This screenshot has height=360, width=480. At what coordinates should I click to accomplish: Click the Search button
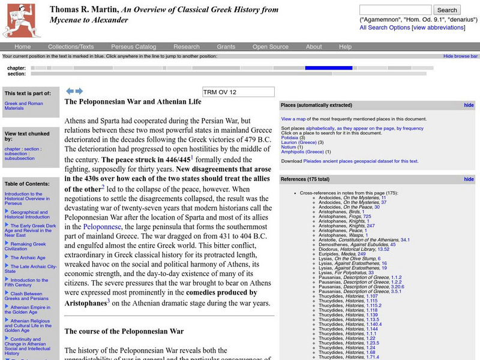click(447, 10)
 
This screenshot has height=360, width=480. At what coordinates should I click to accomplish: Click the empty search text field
click(395, 10)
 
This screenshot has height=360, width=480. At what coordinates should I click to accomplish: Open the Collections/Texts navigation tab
click(71, 47)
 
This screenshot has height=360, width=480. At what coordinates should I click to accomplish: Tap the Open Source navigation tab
click(270, 47)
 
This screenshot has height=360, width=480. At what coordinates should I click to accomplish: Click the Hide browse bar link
click(460, 56)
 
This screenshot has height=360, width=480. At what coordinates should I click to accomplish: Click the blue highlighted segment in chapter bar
click(328, 68)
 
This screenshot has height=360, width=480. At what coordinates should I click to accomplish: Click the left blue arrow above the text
click(70, 91)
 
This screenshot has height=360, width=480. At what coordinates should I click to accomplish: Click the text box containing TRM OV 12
click(238, 92)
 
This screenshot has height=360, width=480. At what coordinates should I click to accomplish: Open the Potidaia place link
click(289, 138)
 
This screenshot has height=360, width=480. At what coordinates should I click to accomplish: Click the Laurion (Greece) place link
click(298, 142)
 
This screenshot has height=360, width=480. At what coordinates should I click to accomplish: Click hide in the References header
click(469, 179)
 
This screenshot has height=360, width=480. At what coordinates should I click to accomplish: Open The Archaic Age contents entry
click(28, 257)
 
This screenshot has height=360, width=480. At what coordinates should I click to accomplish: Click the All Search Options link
click(385, 28)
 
